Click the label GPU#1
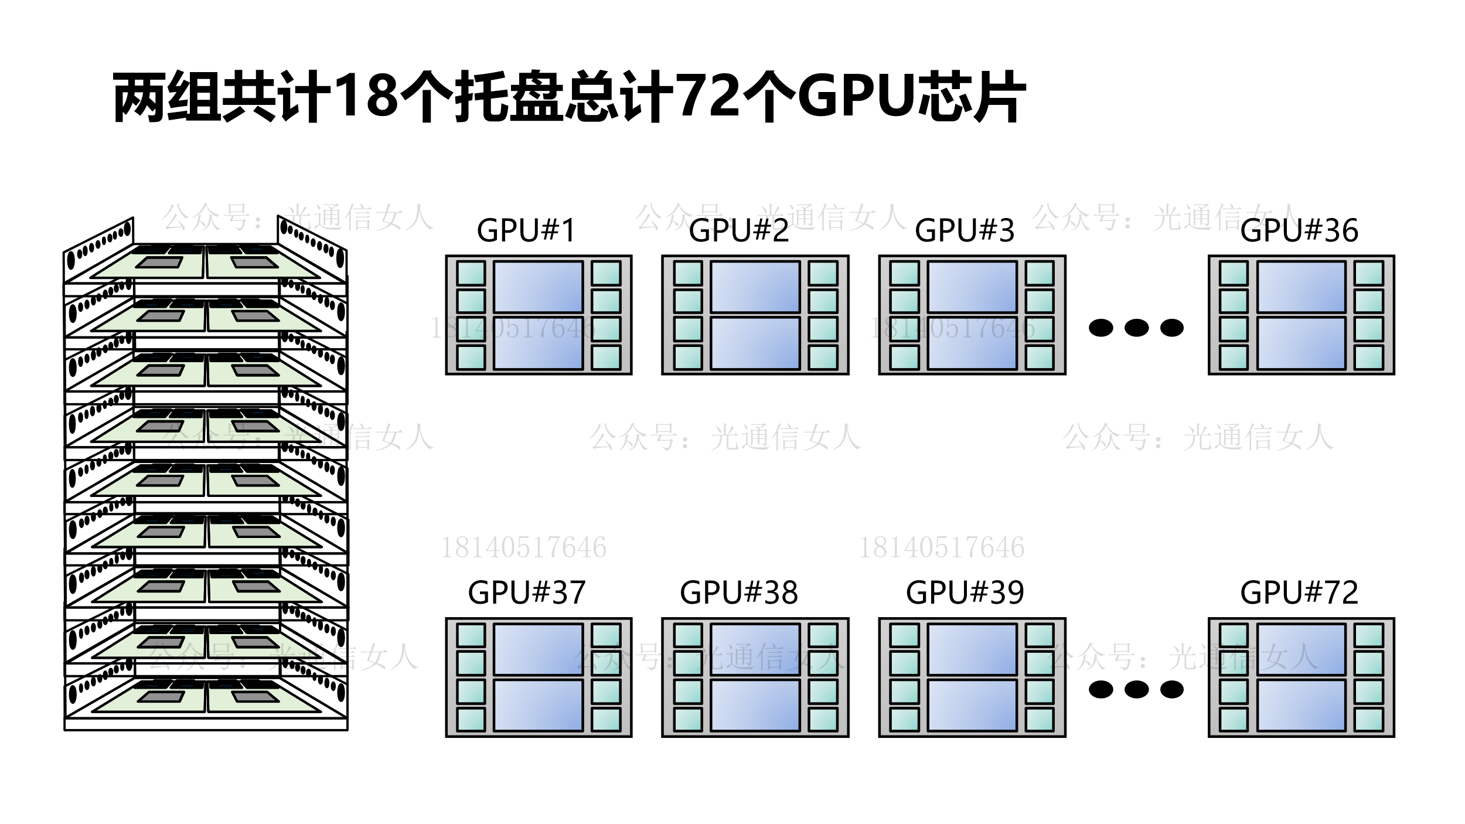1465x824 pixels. pyautogui.click(x=526, y=230)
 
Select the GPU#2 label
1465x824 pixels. pyautogui.click(x=739, y=230)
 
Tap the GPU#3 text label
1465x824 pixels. pyautogui.click(x=965, y=230)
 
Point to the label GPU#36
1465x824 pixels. pyautogui.click(x=1299, y=230)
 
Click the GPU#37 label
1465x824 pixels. pyautogui.click(x=526, y=593)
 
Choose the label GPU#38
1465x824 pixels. pyautogui.click(x=739, y=593)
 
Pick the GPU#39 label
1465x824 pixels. pyautogui.click(x=965, y=593)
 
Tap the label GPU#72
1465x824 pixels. pyautogui.click(x=1299, y=593)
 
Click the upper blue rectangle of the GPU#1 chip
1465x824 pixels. pyautogui.click(x=538, y=287)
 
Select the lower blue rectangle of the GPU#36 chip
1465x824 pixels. pyautogui.click(x=1301, y=343)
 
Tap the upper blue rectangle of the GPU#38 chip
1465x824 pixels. pyautogui.click(x=755, y=649)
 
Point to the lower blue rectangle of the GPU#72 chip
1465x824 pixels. pyautogui.click(x=1301, y=706)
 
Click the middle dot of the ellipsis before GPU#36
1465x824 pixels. pyautogui.click(x=1136, y=328)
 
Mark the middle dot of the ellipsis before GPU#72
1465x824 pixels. pyautogui.click(x=1136, y=690)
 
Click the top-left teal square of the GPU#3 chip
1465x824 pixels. pyautogui.click(x=904, y=273)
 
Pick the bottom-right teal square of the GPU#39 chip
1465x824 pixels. pyautogui.click(x=1040, y=720)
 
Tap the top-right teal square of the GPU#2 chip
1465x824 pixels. pyautogui.click(x=823, y=273)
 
